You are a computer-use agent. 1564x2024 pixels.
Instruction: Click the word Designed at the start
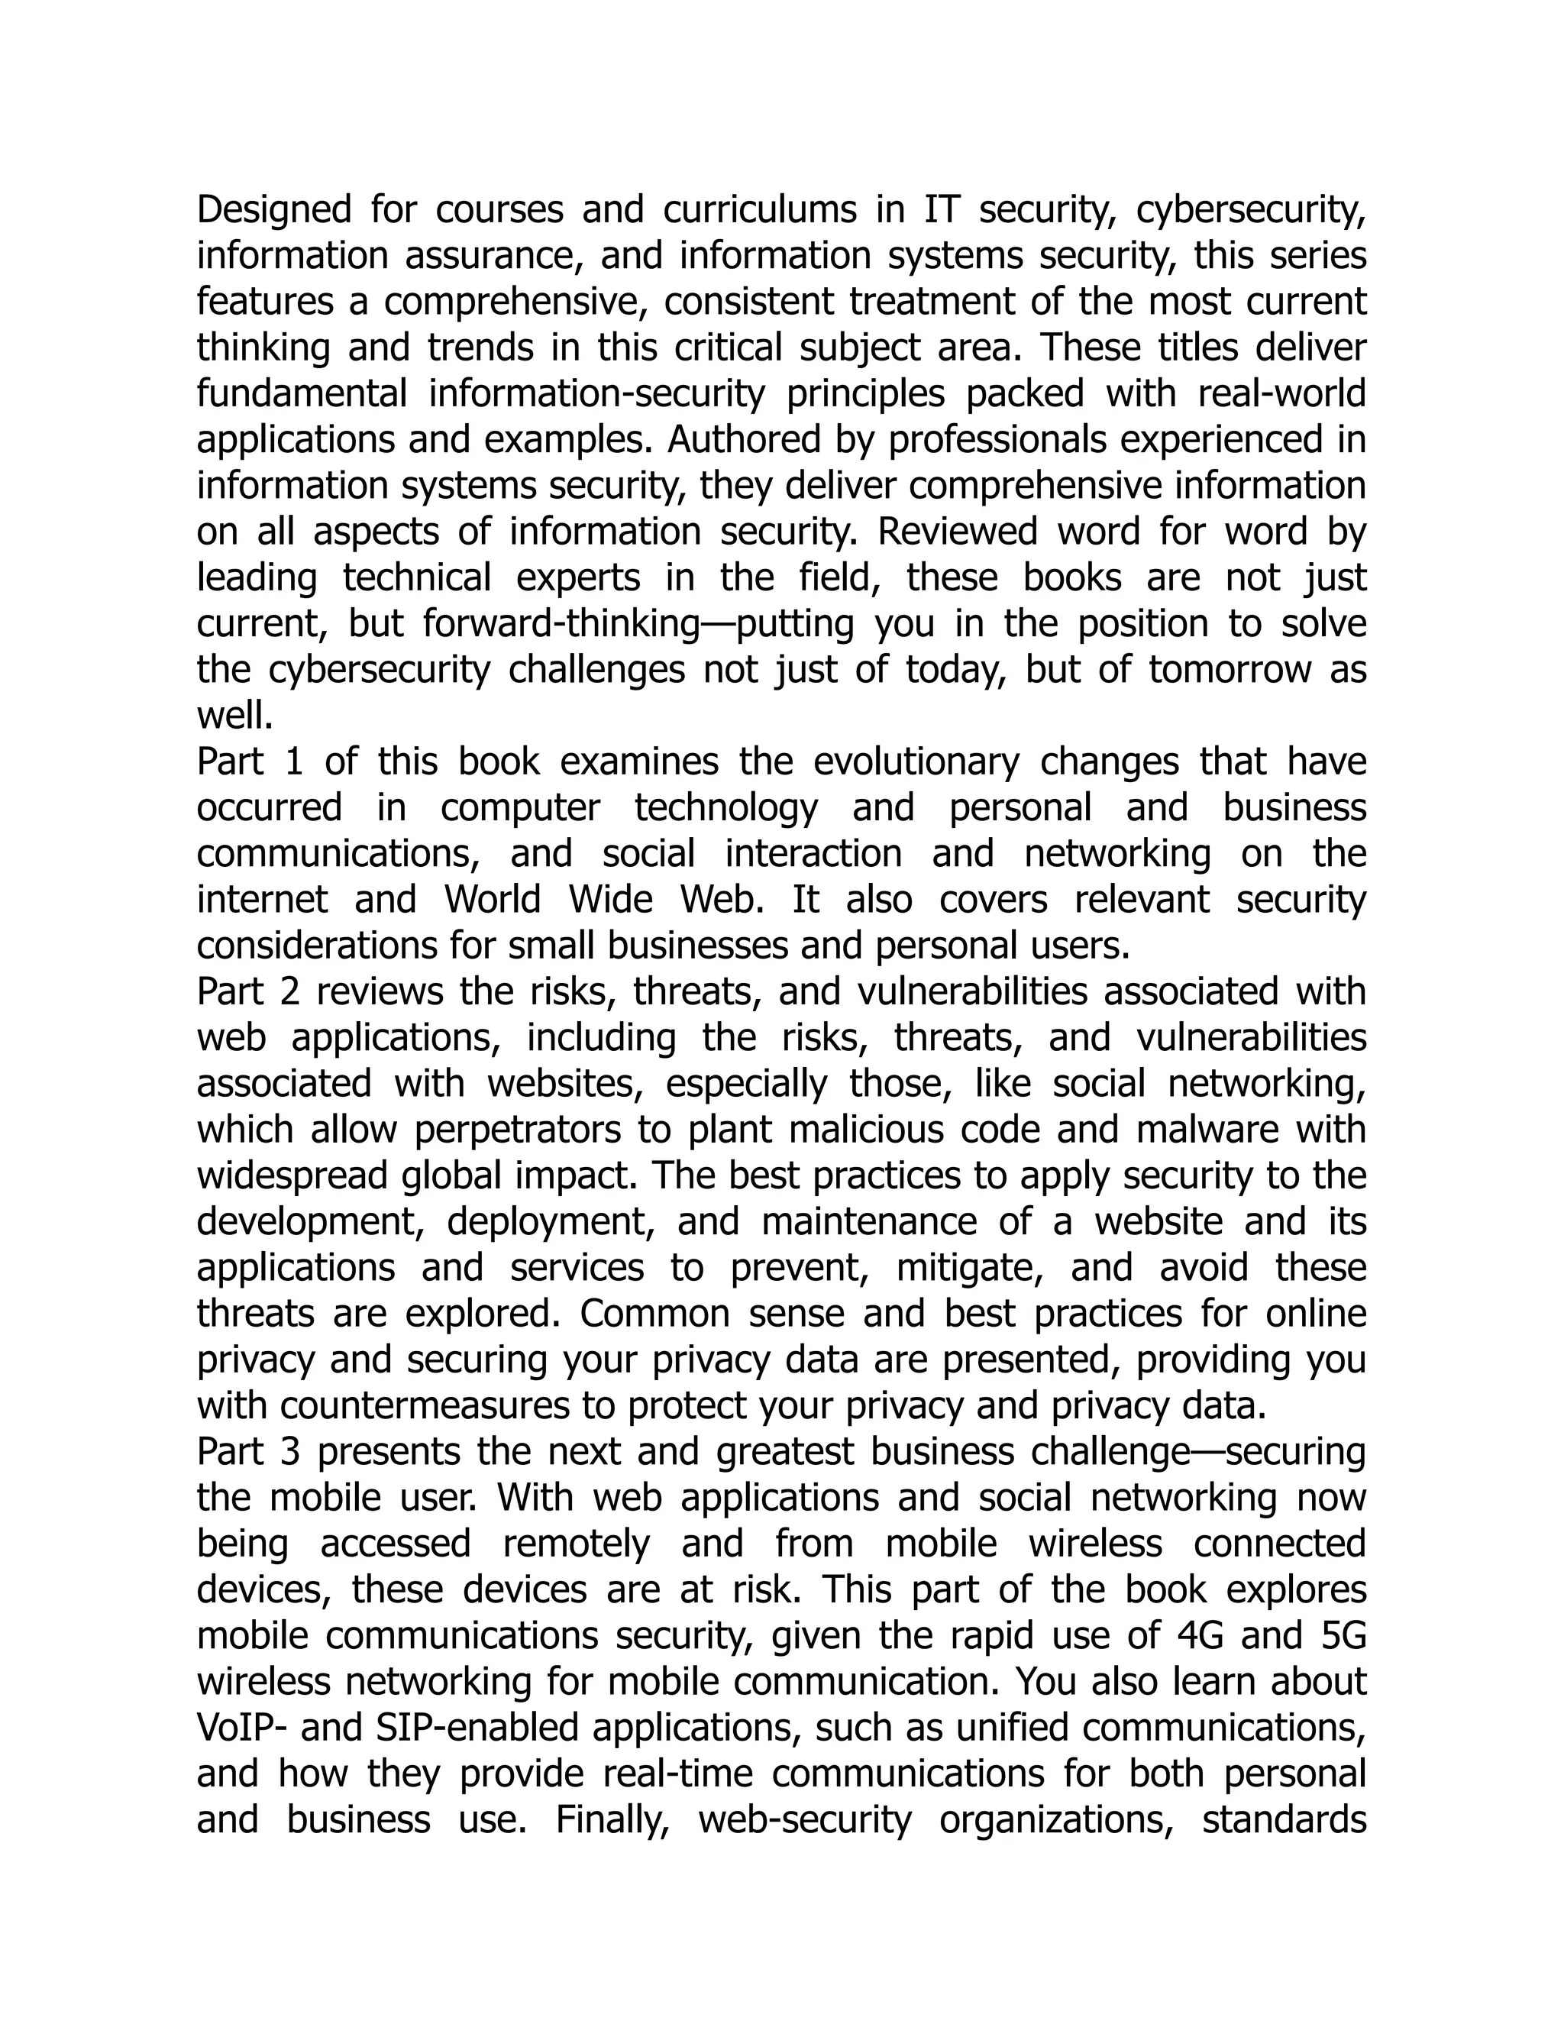[274, 210]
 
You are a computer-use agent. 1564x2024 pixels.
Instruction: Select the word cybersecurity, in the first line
[1251, 210]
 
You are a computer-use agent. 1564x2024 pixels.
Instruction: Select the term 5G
[1339, 1636]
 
